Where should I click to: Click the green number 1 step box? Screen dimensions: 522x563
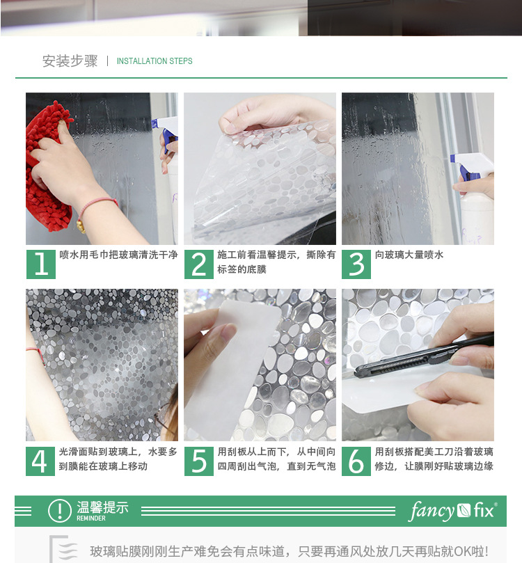coord(41,264)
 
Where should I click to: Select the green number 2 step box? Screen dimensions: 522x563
coord(199,264)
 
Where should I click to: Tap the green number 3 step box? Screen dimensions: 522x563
coord(356,264)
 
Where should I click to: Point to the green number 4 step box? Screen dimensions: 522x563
coord(40,461)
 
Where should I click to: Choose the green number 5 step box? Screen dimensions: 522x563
coord(199,461)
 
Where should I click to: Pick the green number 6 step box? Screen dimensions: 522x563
coord(356,461)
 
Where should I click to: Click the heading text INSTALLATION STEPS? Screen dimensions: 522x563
coord(155,61)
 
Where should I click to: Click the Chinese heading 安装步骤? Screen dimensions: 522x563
coord(70,61)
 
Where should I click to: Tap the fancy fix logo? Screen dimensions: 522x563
coord(452,511)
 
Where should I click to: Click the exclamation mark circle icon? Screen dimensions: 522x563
coord(60,510)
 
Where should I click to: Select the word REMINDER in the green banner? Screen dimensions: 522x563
coord(91,518)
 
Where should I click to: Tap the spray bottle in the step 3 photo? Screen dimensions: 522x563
coord(473,198)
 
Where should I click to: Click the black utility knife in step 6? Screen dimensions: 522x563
coord(424,354)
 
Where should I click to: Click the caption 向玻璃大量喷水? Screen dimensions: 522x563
coord(409,255)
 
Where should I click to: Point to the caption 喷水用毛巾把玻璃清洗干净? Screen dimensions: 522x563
coord(118,255)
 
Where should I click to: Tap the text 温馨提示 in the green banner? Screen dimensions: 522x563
coord(102,507)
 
